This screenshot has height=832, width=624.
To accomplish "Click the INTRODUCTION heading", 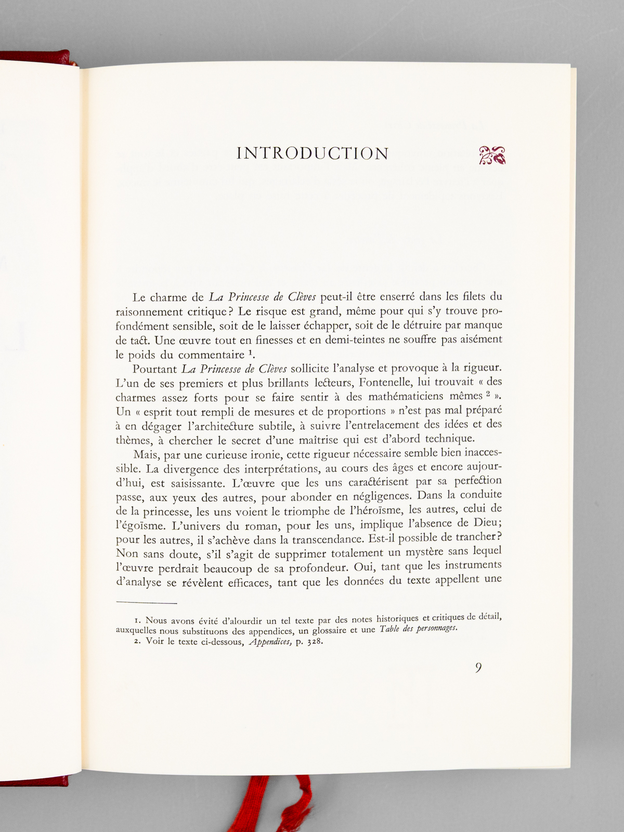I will [x=313, y=153].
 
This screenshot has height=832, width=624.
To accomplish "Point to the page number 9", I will [x=478, y=668].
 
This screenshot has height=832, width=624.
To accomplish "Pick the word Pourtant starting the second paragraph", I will [x=154, y=369].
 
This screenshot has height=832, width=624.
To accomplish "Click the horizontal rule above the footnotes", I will [x=147, y=603].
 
